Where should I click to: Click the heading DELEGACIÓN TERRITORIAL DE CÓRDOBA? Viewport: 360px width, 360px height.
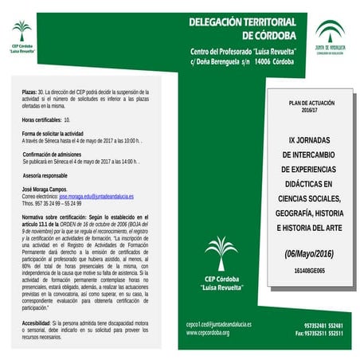click(242, 29)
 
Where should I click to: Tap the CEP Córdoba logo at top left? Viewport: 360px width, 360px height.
click(22, 36)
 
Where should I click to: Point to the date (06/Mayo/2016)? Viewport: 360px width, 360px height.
click(304, 254)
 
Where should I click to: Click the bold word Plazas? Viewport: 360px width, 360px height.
click(29, 92)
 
